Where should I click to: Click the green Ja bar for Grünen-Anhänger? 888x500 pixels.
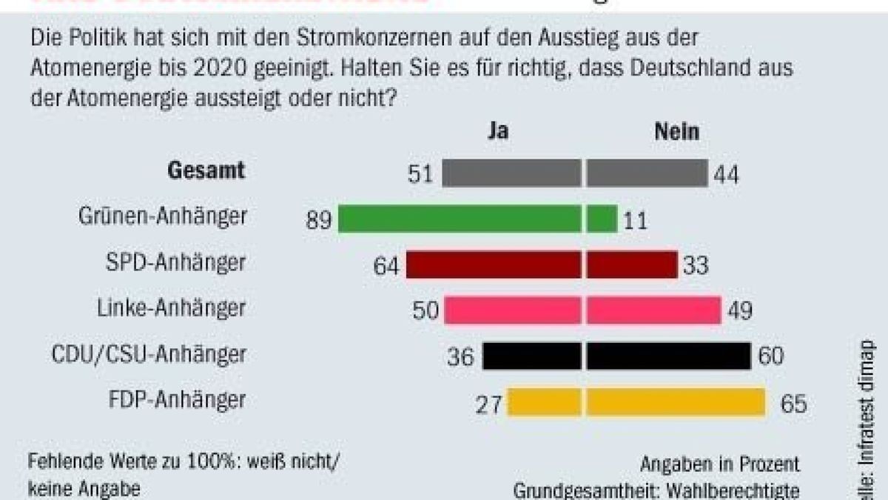pyautogui.click(x=459, y=219)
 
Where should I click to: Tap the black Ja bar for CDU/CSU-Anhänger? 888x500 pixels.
pyautogui.click(x=531, y=356)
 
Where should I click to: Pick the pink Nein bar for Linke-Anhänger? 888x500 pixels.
pyautogui.click(x=653, y=310)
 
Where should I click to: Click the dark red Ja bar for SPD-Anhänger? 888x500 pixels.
pyautogui.click(x=493, y=264)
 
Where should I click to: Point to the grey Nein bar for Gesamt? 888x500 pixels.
pyautogui.click(x=647, y=173)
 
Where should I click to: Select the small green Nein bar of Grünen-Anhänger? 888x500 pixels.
pyautogui.click(x=602, y=219)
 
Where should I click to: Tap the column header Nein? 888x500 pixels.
pyautogui.click(x=676, y=132)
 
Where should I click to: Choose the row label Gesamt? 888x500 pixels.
pyautogui.click(x=206, y=170)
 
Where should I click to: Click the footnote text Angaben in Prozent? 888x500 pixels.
pyautogui.click(x=720, y=464)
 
